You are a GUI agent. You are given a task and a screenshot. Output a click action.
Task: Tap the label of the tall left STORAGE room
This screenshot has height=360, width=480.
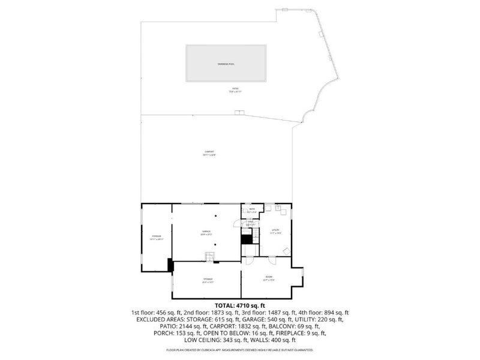(x=156, y=237)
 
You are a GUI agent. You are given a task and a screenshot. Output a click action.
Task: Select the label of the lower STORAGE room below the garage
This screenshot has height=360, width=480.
(x=207, y=280)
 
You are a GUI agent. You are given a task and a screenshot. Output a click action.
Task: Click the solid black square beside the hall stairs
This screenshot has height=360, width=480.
(x=245, y=238)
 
